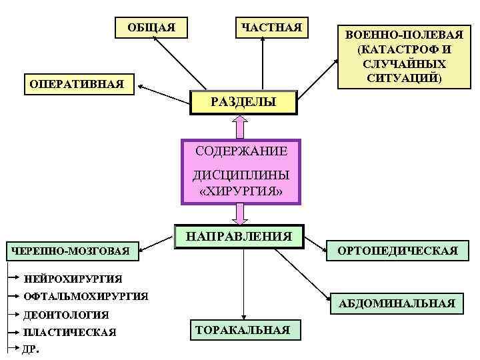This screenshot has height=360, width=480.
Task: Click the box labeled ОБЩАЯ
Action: coord(151,27)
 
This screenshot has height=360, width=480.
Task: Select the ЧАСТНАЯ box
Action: coord(271,27)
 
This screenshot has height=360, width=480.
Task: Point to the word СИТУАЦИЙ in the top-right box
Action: coord(405,78)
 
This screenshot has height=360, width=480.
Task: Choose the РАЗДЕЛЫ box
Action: coord(243,101)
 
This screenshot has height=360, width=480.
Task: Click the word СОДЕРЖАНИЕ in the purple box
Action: coord(241,151)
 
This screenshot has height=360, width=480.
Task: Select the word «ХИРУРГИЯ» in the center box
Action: coord(241,191)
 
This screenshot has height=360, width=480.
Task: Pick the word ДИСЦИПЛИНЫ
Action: coord(241,176)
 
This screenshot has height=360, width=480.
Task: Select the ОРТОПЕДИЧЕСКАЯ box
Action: coord(398,251)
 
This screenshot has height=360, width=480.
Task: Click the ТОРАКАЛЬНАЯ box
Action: coord(242,329)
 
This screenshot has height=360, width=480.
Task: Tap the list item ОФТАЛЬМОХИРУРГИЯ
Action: coord(85,295)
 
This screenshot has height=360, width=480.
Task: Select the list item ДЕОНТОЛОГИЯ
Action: coord(66,314)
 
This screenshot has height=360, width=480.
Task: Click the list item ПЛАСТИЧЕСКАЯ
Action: coord(69,332)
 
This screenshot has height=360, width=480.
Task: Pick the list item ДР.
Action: coord(31,348)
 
